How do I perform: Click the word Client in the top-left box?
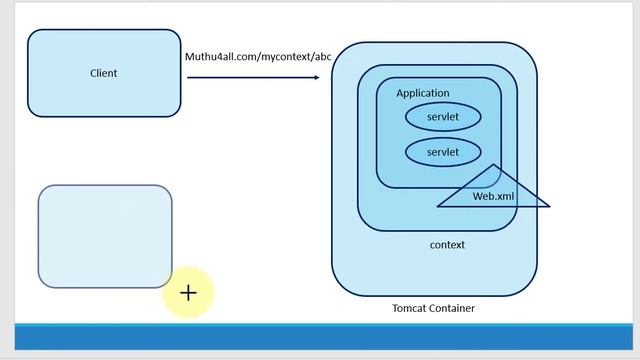click(103, 73)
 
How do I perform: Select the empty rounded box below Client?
click(105, 236)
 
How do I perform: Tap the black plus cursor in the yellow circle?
click(188, 293)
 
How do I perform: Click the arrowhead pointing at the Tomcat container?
click(316, 76)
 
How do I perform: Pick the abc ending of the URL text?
click(322, 57)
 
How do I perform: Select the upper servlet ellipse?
click(442, 117)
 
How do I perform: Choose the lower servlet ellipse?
click(442, 152)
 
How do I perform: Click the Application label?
click(422, 93)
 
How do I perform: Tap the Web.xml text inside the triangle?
click(493, 197)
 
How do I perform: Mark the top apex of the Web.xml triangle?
click(493, 165)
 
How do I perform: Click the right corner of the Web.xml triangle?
click(549, 207)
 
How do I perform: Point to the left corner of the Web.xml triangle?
click(437, 207)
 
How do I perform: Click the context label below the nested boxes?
click(447, 245)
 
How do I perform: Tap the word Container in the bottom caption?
click(453, 308)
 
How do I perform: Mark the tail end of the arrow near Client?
click(188, 76)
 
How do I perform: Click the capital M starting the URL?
click(189, 57)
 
